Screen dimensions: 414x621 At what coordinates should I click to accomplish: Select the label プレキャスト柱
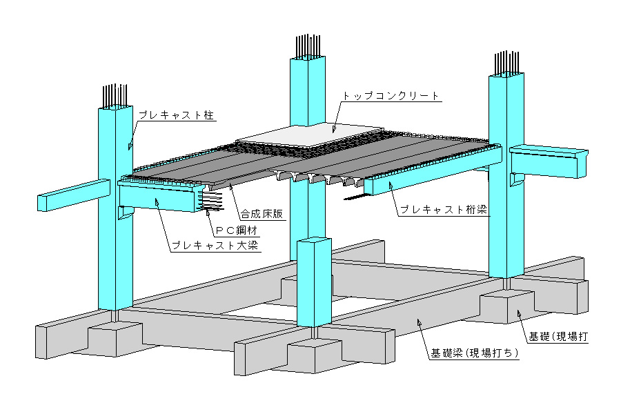[x=177, y=115]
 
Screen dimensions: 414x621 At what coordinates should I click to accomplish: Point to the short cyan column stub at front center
[x=314, y=283]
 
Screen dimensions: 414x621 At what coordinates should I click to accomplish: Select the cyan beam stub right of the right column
[x=549, y=161]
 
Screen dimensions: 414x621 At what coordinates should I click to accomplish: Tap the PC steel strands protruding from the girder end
[x=211, y=201]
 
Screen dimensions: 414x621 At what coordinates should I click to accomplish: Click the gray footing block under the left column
[x=115, y=339]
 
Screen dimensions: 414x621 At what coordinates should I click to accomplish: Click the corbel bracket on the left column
[x=126, y=214]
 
